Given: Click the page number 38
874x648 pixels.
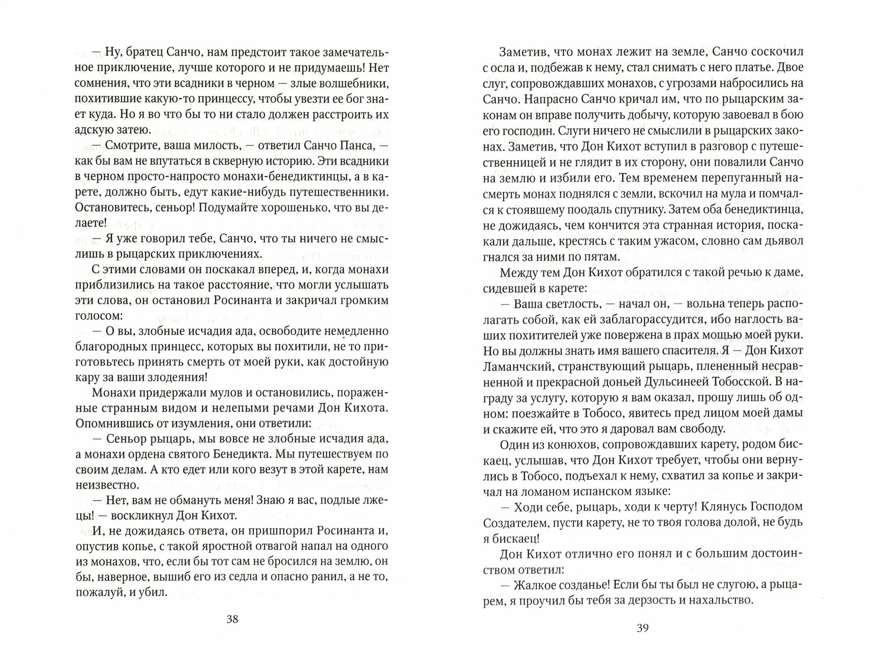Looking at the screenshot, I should point(232,619).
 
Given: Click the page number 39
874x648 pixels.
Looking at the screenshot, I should point(642,628).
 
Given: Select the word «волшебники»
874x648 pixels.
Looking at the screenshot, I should point(355,84).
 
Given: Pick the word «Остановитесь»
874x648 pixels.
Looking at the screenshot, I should point(111,208).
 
